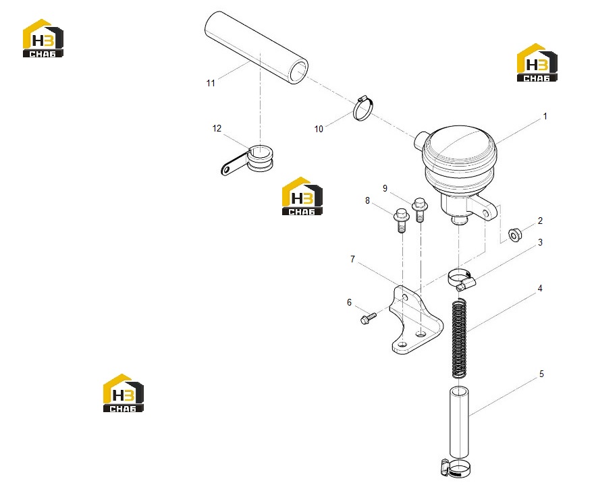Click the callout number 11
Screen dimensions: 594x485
point(211,83)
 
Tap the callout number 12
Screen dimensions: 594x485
point(217,129)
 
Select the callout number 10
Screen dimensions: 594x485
point(319,129)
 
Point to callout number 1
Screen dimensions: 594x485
point(545,116)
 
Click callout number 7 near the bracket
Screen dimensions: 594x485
point(352,259)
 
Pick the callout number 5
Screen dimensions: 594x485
point(541,374)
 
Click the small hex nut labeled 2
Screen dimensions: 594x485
point(515,235)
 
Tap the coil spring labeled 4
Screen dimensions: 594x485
point(459,338)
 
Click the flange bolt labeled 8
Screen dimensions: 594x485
point(401,220)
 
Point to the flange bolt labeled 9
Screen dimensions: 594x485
point(419,210)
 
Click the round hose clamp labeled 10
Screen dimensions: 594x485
point(363,109)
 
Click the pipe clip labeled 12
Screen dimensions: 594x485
point(250,159)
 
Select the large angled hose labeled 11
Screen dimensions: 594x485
point(256,48)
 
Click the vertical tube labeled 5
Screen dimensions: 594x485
point(459,422)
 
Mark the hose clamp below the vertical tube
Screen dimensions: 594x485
point(456,468)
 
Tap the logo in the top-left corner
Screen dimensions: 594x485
point(43,38)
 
